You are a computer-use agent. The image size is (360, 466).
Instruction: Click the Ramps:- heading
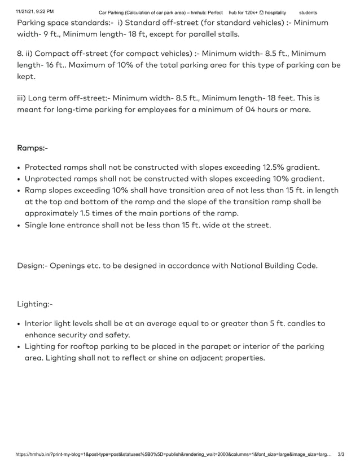[x=33, y=148]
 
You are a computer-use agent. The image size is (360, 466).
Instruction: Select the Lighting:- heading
[x=35, y=304]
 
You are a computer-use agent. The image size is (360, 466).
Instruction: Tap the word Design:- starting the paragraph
[x=32, y=265]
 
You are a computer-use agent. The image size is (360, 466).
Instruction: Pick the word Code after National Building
[x=305, y=265]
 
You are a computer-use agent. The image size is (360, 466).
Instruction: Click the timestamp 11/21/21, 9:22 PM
[x=35, y=12]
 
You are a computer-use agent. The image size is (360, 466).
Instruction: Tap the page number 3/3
[x=341, y=454]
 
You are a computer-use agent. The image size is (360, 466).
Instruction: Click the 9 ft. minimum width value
[x=49, y=33]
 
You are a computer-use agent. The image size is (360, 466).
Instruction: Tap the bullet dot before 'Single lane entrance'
[x=19, y=226]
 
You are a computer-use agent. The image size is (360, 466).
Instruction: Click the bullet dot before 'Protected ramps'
[x=19, y=168]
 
